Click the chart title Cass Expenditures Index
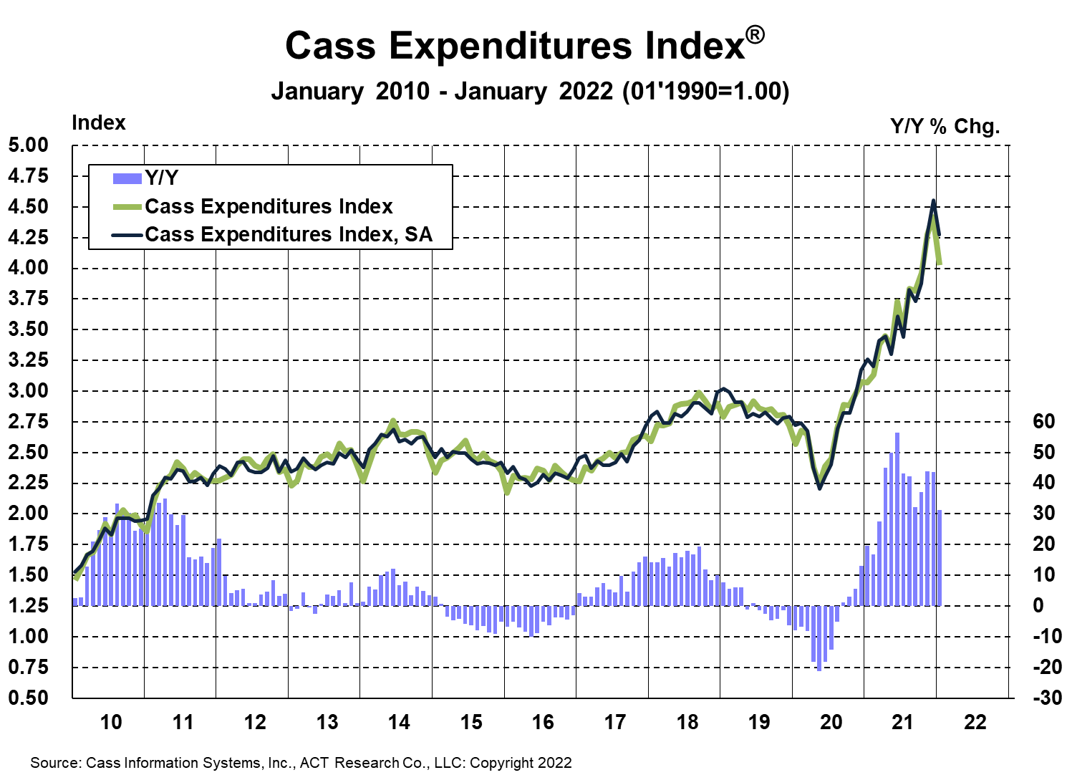point(516,46)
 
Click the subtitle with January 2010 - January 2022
point(530,92)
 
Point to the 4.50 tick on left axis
point(29,207)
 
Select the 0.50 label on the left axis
point(29,698)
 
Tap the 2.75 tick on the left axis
point(29,422)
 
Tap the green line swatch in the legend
point(127,207)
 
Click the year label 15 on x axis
point(471,721)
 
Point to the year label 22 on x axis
point(975,721)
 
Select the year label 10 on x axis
point(111,721)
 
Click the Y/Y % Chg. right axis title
point(945,127)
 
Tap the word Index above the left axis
point(99,123)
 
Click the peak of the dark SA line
point(933,201)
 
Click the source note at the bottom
point(301,763)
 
